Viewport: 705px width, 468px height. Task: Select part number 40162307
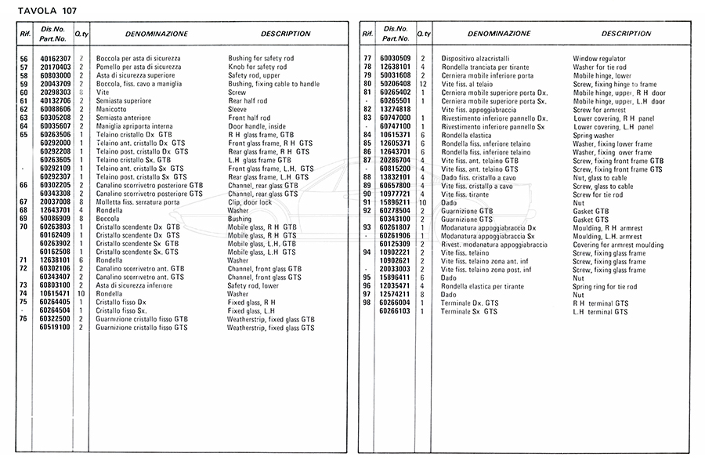click(x=55, y=60)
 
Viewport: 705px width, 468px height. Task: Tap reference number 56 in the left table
click(x=23, y=60)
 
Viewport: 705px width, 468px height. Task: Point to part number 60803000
click(x=55, y=76)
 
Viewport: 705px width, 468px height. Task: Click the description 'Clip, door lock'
click(x=251, y=201)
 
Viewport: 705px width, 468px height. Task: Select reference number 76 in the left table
click(x=23, y=318)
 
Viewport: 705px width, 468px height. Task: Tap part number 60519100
click(x=55, y=327)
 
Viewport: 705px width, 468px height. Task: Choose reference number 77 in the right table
click(x=367, y=60)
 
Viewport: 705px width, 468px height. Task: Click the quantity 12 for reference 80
click(x=422, y=84)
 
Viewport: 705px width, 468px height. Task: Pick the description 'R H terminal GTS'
click(x=601, y=303)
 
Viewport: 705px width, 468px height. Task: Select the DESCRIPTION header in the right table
click(x=626, y=34)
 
